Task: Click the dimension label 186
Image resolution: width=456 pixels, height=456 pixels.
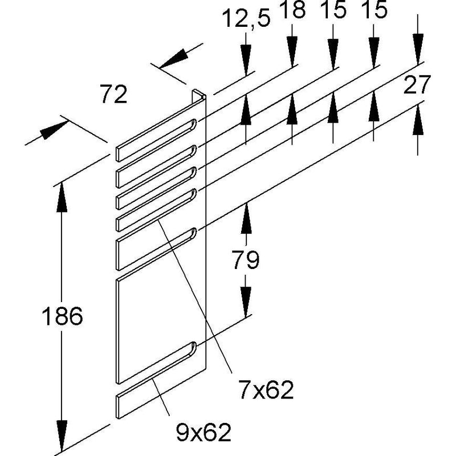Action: click(x=62, y=316)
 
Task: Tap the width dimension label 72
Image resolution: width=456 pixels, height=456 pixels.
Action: click(x=113, y=94)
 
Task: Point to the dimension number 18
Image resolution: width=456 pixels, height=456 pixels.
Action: click(x=292, y=10)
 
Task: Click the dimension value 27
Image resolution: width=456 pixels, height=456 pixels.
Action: click(x=417, y=84)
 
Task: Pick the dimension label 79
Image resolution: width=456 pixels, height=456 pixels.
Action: click(x=246, y=260)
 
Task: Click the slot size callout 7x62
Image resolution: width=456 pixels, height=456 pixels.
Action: click(x=266, y=390)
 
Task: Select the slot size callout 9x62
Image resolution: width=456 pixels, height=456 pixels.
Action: click(x=203, y=433)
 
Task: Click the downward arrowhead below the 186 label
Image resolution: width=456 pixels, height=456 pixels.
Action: click(x=62, y=435)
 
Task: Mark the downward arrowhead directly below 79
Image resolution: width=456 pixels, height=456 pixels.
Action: click(x=246, y=302)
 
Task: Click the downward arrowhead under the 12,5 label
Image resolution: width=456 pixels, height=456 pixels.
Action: click(x=246, y=60)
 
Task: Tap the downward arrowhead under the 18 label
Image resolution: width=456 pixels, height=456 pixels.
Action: click(x=292, y=52)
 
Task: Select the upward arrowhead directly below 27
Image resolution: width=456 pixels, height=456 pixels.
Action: click(x=418, y=120)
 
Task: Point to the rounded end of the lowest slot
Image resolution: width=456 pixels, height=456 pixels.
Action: click(x=193, y=347)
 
